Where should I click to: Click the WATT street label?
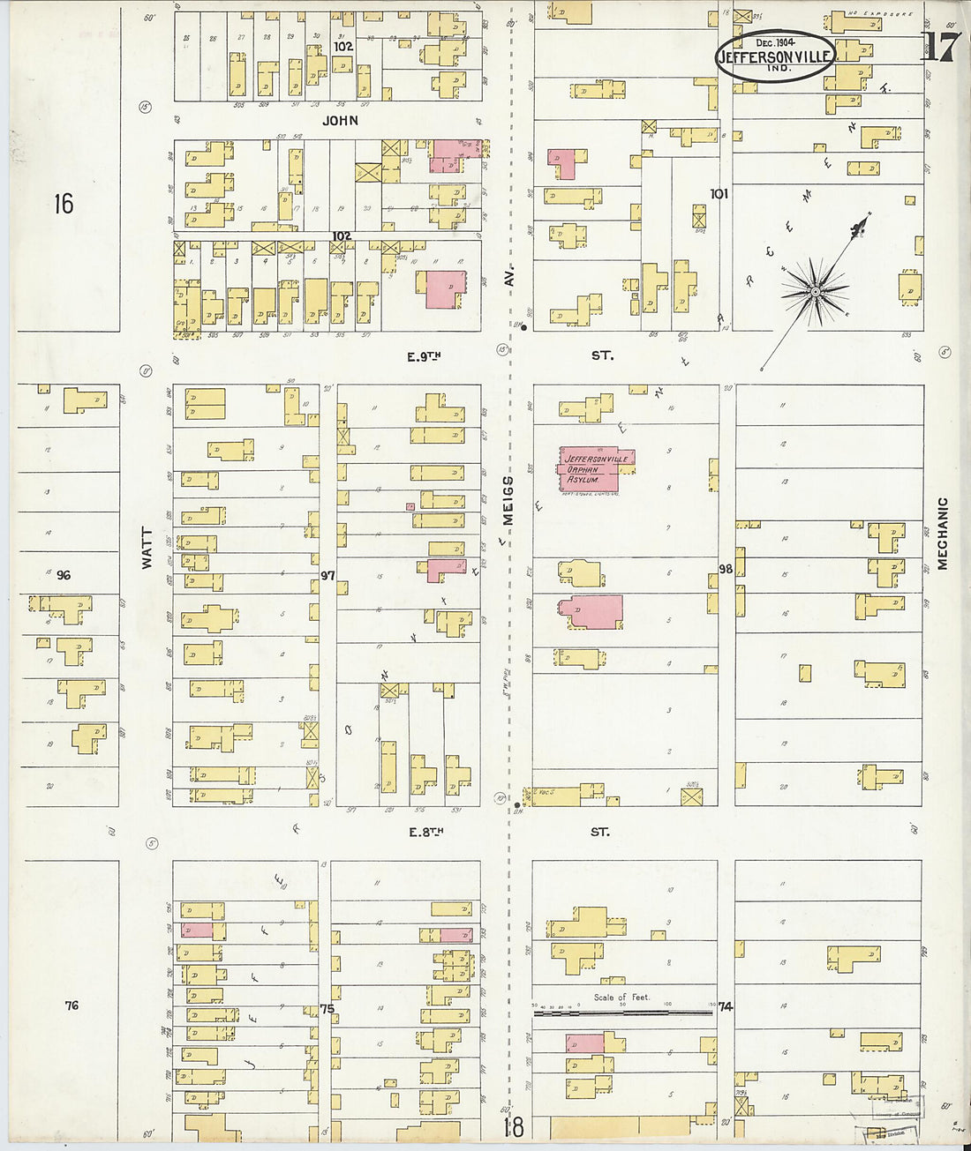[147, 548]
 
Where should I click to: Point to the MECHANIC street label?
[943, 534]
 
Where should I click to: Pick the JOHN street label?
[340, 120]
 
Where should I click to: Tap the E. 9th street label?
[424, 356]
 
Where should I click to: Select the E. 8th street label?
[425, 831]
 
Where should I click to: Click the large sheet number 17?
[940, 48]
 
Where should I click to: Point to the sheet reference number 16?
[63, 205]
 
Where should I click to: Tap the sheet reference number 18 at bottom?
[514, 1127]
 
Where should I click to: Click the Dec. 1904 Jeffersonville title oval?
[774, 56]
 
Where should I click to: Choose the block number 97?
[328, 575]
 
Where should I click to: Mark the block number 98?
[726, 569]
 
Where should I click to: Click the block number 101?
[719, 193]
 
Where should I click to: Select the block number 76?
[72, 1005]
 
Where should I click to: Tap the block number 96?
[64, 575]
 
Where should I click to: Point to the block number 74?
[726, 1006]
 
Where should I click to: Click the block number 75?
[328, 1008]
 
